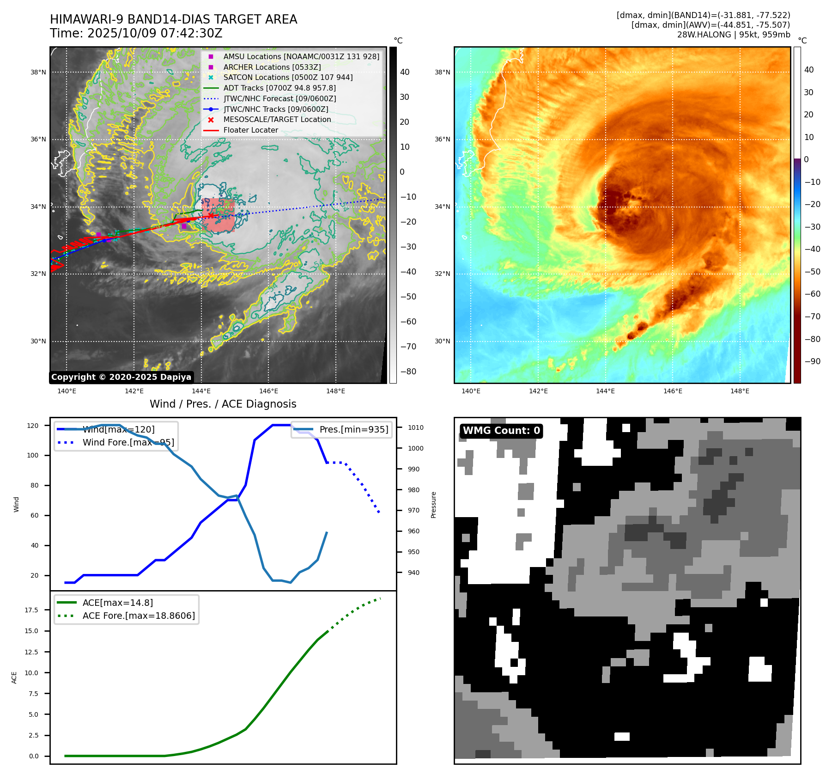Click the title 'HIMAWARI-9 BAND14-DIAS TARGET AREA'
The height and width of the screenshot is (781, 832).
coord(173,19)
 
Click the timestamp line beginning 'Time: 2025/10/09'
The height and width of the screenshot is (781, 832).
coord(136,33)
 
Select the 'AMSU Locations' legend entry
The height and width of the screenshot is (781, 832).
coord(301,56)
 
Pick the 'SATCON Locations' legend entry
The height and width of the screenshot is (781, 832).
coord(287,77)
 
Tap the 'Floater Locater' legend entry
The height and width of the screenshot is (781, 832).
coord(250,130)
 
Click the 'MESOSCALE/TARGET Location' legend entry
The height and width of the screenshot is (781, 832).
coord(277,119)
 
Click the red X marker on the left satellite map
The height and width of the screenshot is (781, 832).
coord(211,215)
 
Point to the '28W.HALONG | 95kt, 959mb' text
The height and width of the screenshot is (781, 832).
coord(733,35)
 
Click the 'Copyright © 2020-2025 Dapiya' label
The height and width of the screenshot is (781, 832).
coord(121,377)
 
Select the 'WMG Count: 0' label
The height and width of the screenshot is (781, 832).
coord(501,431)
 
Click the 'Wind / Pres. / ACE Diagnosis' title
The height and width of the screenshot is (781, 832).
coord(223,404)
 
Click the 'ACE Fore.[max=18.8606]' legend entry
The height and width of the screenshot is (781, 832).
coord(138,616)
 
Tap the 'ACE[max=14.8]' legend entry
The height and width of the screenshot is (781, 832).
coord(117,603)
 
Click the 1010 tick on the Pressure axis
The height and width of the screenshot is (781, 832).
coord(415,427)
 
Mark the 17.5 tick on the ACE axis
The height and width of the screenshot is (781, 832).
coord(31,610)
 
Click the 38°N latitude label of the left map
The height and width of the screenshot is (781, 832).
coord(38,72)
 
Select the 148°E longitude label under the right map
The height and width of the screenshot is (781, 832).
coord(740,391)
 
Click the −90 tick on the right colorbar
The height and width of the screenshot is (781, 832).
coord(812,361)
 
